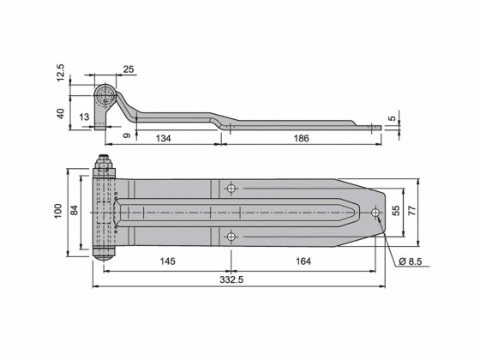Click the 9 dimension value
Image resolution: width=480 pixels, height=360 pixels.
click(127, 135)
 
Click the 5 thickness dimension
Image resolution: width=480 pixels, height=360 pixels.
click(392, 119)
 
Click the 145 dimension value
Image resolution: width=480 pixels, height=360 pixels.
click(165, 261)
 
